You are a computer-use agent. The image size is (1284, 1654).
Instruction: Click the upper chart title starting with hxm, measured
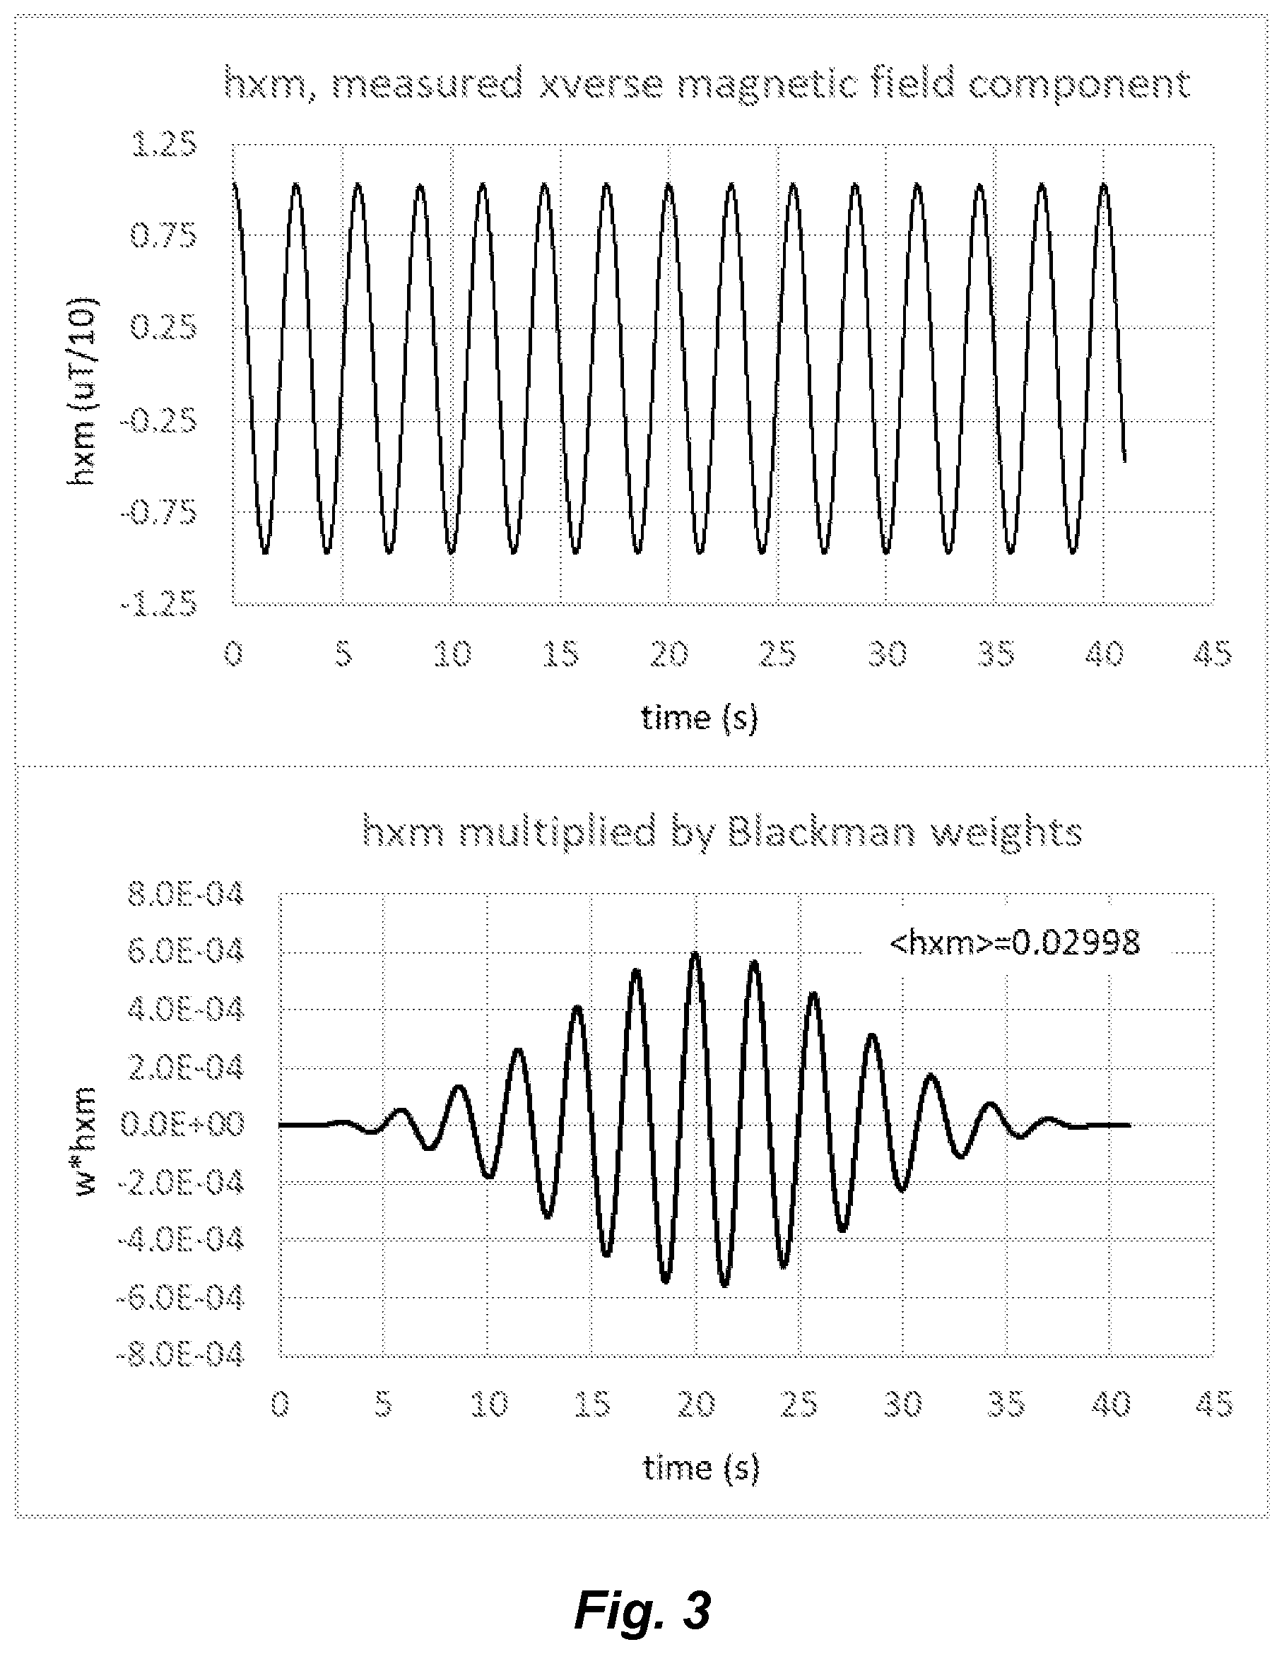point(707,84)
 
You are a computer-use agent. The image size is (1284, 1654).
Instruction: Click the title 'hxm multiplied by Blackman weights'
point(722,834)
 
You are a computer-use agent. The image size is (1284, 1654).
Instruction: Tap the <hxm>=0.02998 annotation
point(1014,943)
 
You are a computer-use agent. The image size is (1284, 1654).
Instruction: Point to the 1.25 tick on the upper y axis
point(165,144)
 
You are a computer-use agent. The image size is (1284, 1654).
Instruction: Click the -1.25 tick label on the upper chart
point(159,605)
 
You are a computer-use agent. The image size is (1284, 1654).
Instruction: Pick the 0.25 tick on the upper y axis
point(165,328)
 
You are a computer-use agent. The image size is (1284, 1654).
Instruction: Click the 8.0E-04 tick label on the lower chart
point(187,895)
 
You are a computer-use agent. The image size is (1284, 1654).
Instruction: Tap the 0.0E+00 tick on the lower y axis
point(182,1125)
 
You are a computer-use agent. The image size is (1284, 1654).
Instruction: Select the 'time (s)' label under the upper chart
point(699,717)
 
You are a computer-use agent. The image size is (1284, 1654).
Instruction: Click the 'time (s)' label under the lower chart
point(701,1467)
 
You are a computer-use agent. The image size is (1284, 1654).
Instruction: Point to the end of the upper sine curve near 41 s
point(1124,461)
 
